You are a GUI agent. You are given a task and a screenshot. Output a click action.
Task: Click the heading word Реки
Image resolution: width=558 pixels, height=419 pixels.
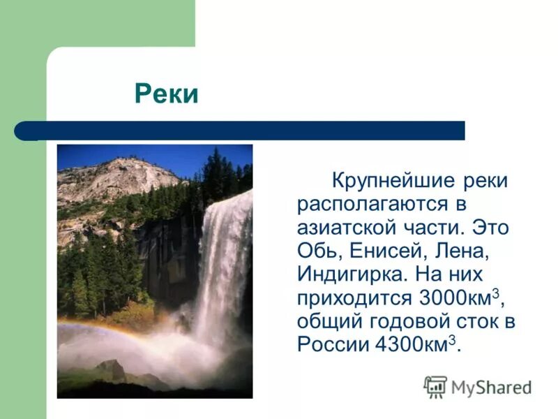coord(166,94)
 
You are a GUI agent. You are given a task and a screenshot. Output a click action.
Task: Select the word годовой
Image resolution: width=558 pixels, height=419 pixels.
coord(400,321)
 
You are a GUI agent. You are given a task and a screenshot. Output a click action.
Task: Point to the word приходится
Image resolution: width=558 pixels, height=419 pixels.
coord(354,297)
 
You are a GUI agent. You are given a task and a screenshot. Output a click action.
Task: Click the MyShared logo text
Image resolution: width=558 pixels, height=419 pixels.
coord(492,387)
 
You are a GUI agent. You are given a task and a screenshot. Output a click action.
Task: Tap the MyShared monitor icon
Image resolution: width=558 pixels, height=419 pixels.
coord(435,386)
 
